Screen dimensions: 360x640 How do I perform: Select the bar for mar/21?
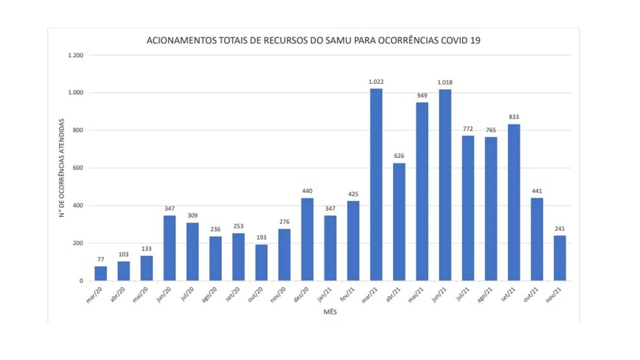coord(376,185)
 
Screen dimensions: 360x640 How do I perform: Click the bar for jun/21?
coord(445,185)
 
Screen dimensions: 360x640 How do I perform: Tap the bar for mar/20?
coord(100,273)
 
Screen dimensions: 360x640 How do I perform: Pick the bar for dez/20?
coord(307,239)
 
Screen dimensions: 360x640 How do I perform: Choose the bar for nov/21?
coord(560,258)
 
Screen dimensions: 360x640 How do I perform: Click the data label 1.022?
coord(376,81)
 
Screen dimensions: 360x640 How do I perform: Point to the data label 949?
coord(422,95)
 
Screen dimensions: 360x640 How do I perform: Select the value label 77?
coord(100,259)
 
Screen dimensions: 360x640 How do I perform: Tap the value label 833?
coord(513,117)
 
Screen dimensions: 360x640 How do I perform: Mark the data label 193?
coord(261,237)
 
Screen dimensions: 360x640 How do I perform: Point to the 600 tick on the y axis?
coord(77,168)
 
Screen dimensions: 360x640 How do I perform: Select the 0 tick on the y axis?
coord(80,281)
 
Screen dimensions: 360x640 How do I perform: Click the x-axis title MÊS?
coord(330,312)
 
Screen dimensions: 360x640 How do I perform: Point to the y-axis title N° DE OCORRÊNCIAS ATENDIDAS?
coord(62,168)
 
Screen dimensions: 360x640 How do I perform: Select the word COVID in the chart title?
coord(454,40)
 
